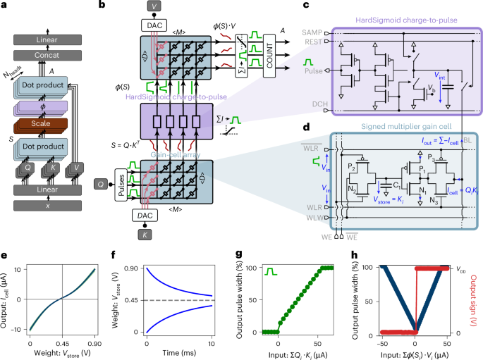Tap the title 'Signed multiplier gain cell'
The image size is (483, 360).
(377, 128)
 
